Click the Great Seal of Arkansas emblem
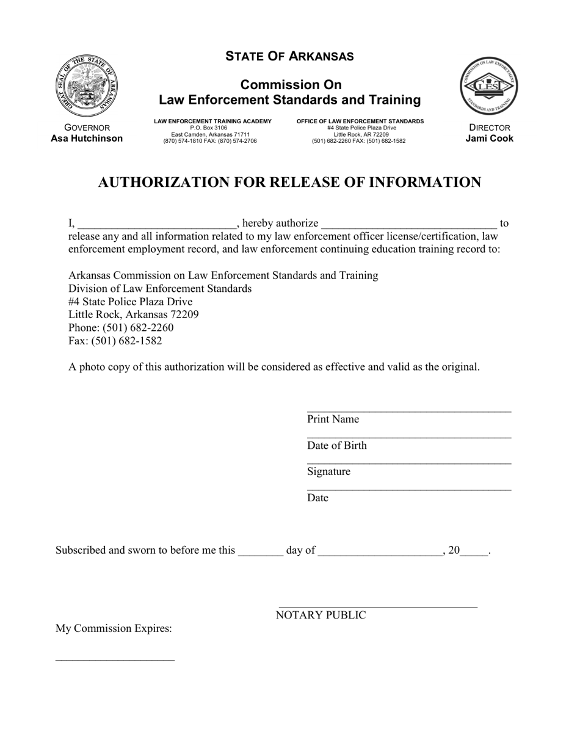coord(86,85)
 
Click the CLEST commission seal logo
coord(488,85)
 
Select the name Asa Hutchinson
coord(87,139)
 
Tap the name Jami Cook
coord(489,139)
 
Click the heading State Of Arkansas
coord(289,56)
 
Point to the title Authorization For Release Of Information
coord(289,183)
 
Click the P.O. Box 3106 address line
coord(208,128)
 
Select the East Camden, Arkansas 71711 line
coord(210,134)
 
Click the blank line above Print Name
coord(409,410)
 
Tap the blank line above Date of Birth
coord(409,437)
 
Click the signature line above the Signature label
coord(409,463)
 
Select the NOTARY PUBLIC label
coord(321,615)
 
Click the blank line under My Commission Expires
coord(115,658)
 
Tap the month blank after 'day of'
coord(380,553)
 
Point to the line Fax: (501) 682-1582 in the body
coord(115,341)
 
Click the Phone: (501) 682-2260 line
coord(121,328)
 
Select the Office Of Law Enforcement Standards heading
coord(360,122)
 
